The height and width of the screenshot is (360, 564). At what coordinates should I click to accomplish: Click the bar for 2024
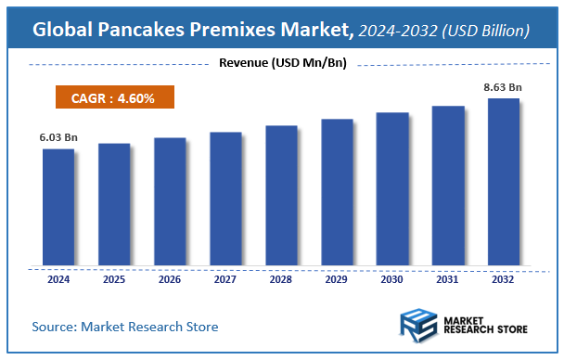(58, 207)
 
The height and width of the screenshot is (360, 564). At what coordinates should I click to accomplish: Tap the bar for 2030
(392, 189)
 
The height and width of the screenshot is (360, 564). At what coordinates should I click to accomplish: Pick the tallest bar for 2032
(504, 182)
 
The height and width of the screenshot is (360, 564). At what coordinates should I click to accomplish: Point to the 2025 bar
(114, 204)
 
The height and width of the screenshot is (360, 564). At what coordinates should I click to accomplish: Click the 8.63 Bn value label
(504, 87)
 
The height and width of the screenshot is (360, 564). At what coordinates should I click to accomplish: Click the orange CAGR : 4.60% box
(110, 96)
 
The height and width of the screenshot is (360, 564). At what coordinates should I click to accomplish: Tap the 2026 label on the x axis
(170, 278)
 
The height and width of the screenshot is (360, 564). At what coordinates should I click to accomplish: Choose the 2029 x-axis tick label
(337, 278)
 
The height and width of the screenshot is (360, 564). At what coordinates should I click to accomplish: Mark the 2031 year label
(448, 278)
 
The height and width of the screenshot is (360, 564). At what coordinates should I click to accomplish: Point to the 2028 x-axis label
(281, 278)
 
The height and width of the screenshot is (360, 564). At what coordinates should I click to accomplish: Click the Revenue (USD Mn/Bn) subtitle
(281, 63)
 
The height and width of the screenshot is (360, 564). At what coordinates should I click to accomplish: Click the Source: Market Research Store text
(124, 327)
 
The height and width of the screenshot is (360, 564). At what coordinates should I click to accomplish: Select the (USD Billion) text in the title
(489, 32)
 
